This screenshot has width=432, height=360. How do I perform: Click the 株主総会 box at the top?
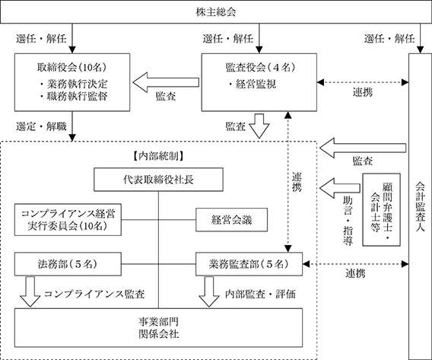click(x=216, y=12)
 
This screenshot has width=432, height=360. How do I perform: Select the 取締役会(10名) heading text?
click(x=72, y=67)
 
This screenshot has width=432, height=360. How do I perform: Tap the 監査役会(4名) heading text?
click(x=260, y=67)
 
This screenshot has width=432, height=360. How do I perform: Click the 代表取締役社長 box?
click(x=158, y=180)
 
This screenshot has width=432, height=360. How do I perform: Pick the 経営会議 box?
click(x=231, y=220)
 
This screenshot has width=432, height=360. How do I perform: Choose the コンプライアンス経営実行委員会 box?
click(x=68, y=220)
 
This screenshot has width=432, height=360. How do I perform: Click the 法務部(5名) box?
click(x=68, y=264)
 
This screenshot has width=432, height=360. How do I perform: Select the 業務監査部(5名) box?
click(x=249, y=264)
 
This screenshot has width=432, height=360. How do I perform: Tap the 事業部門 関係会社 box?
click(x=158, y=327)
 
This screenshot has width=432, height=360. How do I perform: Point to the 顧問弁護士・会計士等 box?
click(x=381, y=209)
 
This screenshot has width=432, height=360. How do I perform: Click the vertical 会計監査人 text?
click(x=420, y=207)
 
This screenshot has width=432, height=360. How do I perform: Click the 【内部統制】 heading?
click(x=158, y=156)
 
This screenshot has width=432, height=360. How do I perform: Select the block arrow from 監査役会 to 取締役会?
click(x=166, y=82)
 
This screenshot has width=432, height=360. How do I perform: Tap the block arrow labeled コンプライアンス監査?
click(x=30, y=292)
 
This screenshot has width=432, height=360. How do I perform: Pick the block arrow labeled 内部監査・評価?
click(x=209, y=292)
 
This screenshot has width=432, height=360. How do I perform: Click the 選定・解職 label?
click(x=41, y=126)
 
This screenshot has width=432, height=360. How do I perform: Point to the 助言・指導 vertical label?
click(x=348, y=221)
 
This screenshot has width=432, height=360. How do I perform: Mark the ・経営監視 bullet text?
click(x=252, y=84)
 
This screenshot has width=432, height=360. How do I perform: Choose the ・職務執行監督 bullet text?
click(x=73, y=96)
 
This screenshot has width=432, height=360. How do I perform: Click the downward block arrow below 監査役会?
click(x=259, y=126)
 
